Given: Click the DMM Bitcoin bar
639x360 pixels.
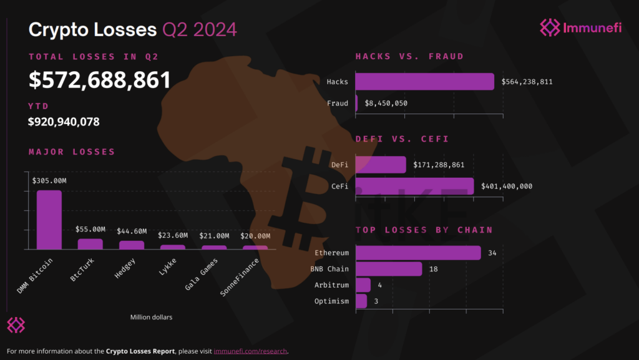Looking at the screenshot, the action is click(x=49, y=220).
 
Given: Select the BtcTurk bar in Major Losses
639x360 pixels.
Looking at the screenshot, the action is click(x=90, y=244).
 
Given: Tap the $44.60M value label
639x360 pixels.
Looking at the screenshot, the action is click(x=132, y=231).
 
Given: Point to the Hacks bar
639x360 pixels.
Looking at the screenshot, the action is click(x=424, y=82).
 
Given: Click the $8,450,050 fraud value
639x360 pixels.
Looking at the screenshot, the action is click(x=386, y=104).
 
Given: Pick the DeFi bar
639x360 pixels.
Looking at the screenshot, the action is click(x=381, y=165).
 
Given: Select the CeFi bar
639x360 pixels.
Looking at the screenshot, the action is click(x=414, y=186).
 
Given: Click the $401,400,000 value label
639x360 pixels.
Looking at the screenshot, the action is click(x=507, y=186).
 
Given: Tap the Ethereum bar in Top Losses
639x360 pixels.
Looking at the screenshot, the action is click(x=418, y=253).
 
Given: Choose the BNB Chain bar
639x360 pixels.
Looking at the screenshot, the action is click(x=389, y=269).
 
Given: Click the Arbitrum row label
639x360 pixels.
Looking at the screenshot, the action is click(x=331, y=285).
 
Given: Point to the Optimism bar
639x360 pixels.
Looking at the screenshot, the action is click(x=361, y=301).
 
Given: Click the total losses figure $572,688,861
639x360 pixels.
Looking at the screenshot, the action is click(x=99, y=80).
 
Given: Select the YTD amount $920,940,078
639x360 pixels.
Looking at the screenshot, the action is click(x=64, y=122).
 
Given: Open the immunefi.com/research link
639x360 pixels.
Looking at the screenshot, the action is click(x=250, y=351).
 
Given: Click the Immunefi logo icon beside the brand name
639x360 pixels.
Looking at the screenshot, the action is click(x=550, y=27).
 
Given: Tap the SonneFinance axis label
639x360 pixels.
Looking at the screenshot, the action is click(x=240, y=277).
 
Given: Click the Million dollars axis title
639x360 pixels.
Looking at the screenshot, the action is click(x=151, y=317).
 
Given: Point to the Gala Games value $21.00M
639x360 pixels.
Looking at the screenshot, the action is click(x=214, y=236).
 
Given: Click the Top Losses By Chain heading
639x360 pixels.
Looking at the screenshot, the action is click(x=424, y=230).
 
